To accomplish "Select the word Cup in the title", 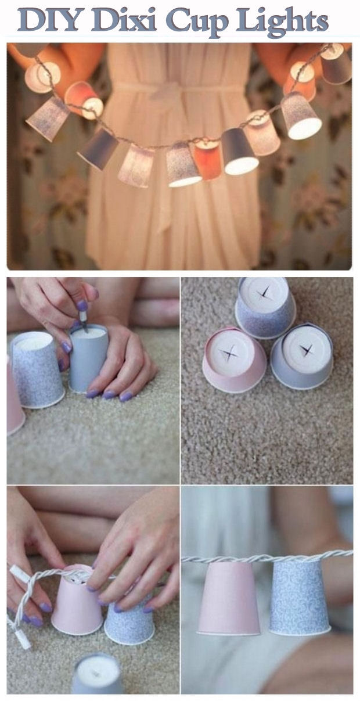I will (197, 22).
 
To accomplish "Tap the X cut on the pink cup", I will (231, 352).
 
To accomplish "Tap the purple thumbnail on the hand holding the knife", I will (82, 305).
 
